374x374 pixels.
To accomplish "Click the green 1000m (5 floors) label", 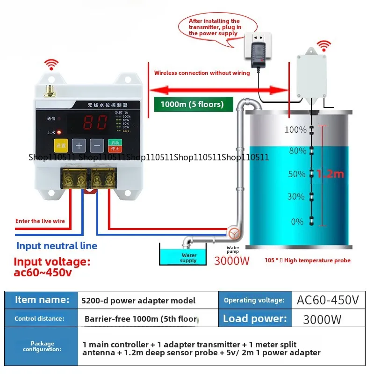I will pyautogui.click(x=194, y=104).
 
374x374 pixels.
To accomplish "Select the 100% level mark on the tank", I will pyautogui.click(x=295, y=129).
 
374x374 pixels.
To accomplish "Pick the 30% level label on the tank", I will pyautogui.click(x=295, y=196).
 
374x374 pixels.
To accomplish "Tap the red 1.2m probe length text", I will pyautogui.click(x=330, y=174).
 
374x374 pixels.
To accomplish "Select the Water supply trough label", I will pyautogui.click(x=189, y=258).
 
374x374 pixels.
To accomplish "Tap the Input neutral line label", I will pyautogui.click(x=57, y=246).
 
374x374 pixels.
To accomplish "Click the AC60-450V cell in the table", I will pyautogui.click(x=328, y=300).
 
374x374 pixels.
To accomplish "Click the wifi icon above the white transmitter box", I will pyautogui.click(x=323, y=46).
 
